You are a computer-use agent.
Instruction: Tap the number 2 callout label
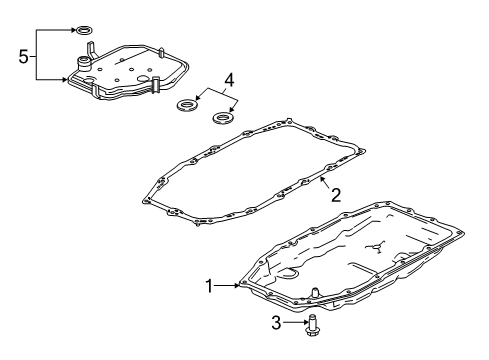point(336,195)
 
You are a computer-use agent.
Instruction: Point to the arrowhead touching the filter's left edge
point(64,78)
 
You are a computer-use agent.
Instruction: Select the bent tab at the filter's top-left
point(89,47)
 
